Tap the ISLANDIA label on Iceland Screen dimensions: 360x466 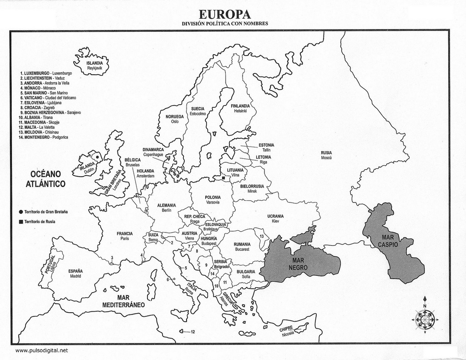coord(95,63)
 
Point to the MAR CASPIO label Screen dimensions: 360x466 coord(388,241)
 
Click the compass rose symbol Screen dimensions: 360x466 coord(425,319)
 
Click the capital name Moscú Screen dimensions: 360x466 coord(326,157)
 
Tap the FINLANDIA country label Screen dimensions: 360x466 coord(240,106)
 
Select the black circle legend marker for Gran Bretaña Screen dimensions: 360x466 coord(21,212)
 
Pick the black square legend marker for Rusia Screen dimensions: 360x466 coord(21,222)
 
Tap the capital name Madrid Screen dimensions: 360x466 coord(76,276)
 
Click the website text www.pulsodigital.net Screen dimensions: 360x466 coord(41,350)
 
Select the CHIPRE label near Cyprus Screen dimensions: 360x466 coord(286,329)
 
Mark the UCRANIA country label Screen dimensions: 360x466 coord(275,216)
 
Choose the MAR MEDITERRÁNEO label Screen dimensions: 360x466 coord(123,301)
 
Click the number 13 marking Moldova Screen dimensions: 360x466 coord(262,236)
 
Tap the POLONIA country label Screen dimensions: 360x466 coord(213,198)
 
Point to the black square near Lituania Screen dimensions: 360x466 coord(224,178)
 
